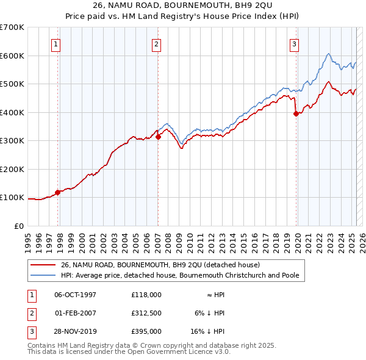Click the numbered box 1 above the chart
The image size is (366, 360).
point(56,43)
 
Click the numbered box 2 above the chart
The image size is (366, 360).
point(156,43)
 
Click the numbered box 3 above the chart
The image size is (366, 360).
point(294,43)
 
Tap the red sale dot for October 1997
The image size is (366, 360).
point(58,192)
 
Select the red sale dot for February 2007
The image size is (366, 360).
point(158,137)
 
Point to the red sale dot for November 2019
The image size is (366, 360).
point(296,113)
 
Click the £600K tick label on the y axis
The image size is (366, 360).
point(12,56)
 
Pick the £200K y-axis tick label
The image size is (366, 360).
point(12,169)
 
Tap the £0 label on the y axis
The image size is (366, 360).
point(18,226)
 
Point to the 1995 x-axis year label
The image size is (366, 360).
point(28,238)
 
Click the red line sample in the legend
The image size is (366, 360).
point(43,265)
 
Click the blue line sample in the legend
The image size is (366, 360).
point(43,275)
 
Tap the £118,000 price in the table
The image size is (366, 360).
point(146,294)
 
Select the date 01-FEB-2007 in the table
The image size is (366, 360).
point(76,313)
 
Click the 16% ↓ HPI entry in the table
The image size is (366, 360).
point(208,331)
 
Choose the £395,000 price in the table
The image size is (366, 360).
point(146,331)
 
